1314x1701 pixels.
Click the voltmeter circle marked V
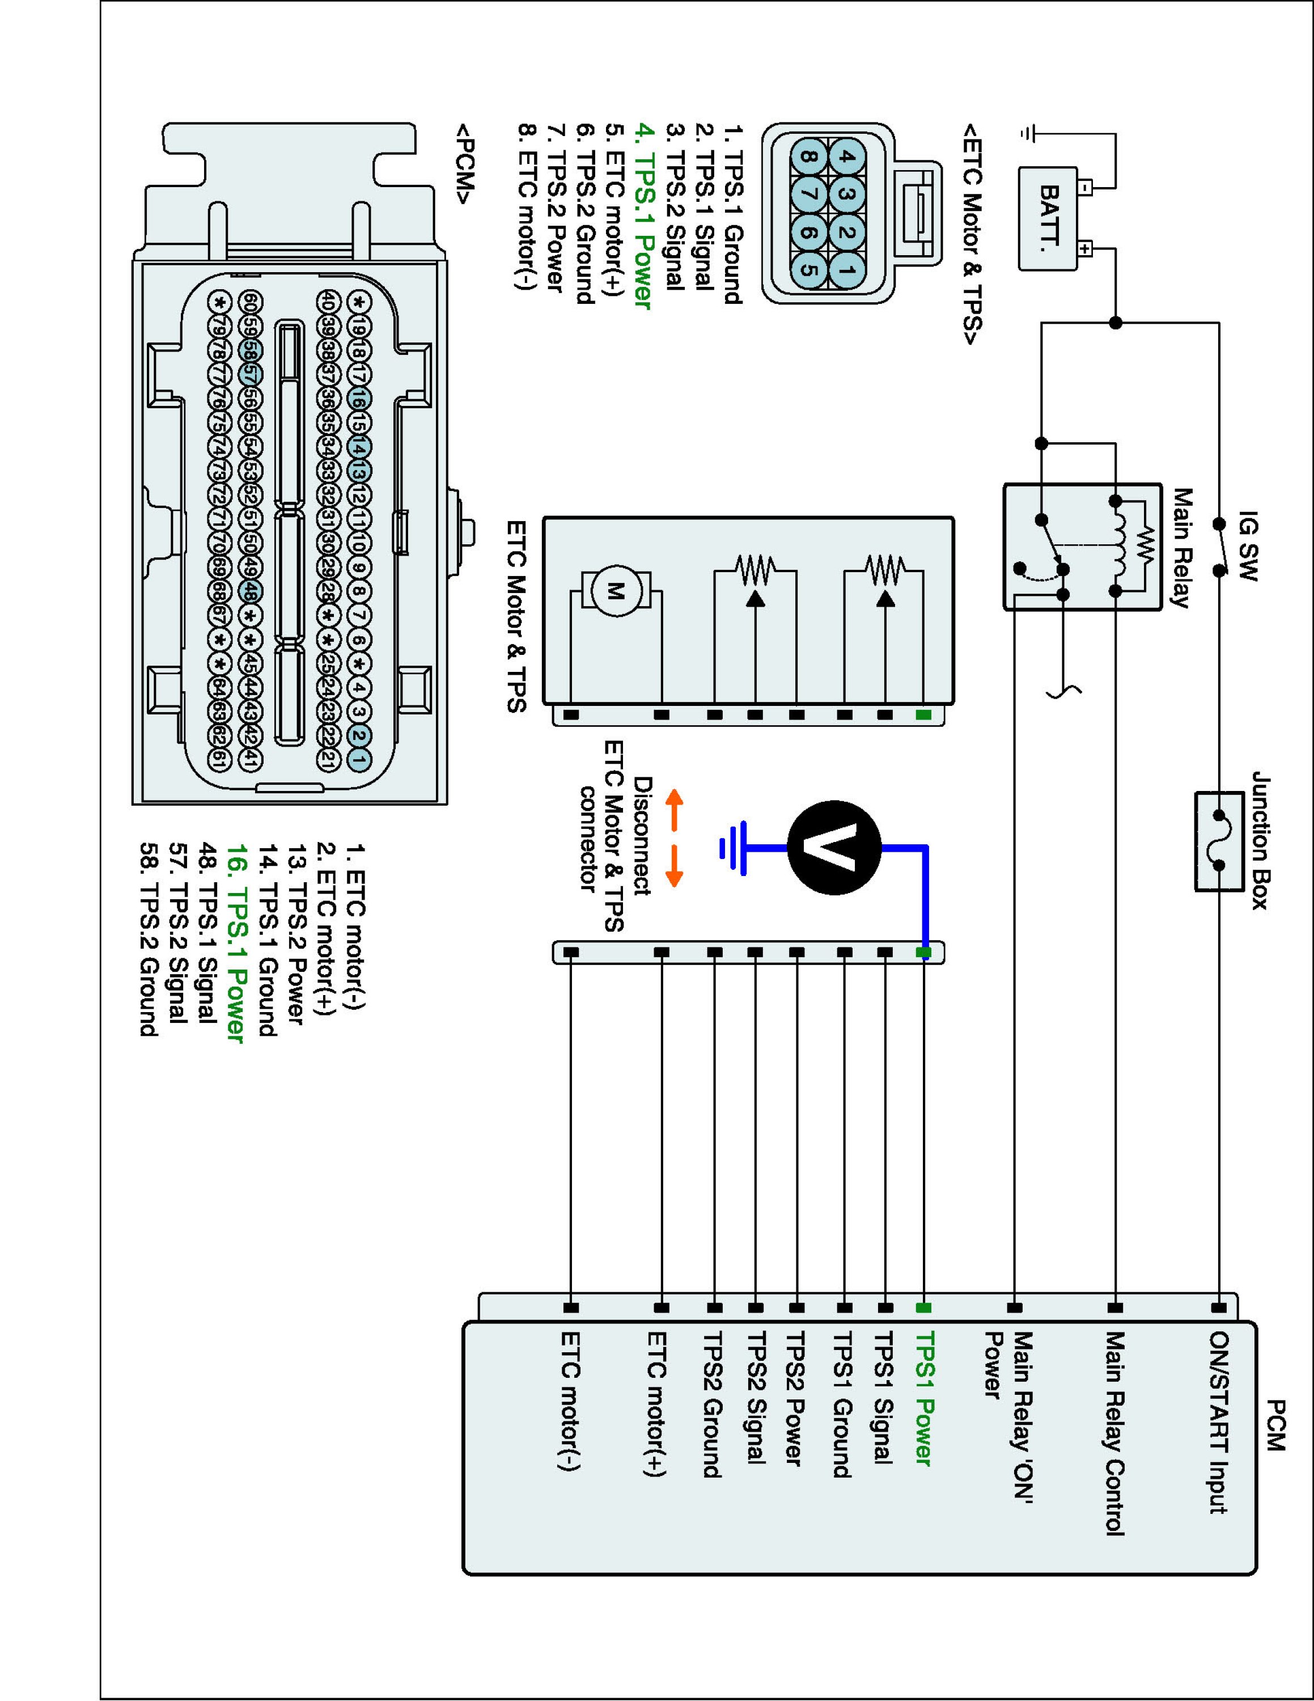834,848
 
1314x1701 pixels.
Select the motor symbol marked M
616,592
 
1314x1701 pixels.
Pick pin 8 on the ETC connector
808,157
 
